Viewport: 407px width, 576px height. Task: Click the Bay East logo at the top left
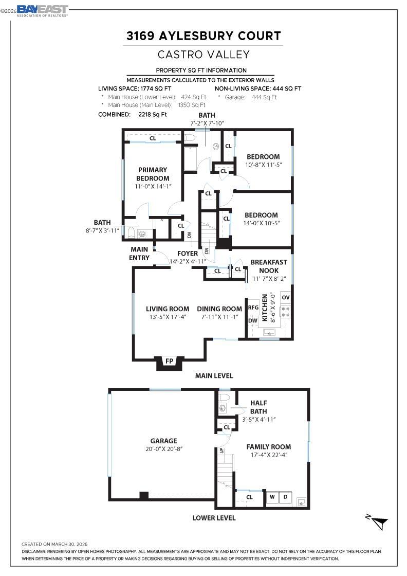tap(42, 10)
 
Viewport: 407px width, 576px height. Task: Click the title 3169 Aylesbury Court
tap(203, 36)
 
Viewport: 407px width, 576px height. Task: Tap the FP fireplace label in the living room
tap(169, 361)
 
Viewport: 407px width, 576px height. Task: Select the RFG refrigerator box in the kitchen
tap(253, 308)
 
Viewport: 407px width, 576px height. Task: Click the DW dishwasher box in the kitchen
tap(253, 320)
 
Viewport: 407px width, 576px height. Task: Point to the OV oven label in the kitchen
tap(286, 298)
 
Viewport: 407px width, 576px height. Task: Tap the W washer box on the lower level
tap(272, 497)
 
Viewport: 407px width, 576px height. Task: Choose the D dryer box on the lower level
tap(286, 497)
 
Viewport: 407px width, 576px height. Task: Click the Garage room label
tap(163, 441)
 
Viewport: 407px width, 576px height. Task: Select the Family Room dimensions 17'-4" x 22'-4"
tap(268, 456)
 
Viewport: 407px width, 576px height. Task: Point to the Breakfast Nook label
tap(269, 266)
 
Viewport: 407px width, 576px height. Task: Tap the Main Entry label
tap(139, 254)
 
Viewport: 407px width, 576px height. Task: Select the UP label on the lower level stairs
tap(222, 451)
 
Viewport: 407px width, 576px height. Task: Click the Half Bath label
tap(258, 407)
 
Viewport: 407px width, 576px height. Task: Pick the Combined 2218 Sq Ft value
tap(153, 115)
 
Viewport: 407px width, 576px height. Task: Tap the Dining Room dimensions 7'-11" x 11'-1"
tap(219, 317)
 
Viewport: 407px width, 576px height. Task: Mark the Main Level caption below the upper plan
tap(214, 376)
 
